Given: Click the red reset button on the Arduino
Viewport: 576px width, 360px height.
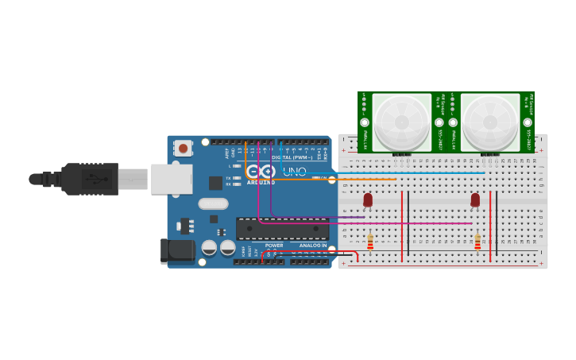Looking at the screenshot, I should click(x=184, y=148).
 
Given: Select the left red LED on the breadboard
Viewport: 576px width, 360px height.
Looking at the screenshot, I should click(x=368, y=199).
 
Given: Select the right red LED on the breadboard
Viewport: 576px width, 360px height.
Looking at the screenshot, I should click(x=475, y=199).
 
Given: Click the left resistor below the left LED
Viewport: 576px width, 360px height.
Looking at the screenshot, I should click(x=370, y=241).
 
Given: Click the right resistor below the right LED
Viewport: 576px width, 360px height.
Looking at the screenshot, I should click(x=477, y=241).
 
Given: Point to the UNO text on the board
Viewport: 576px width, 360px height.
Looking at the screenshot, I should click(x=295, y=171).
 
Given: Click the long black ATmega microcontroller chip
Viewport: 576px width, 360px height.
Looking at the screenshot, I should click(x=282, y=229).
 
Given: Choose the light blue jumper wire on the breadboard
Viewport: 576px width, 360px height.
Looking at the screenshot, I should click(x=397, y=172).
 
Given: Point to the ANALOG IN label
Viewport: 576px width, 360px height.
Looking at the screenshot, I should click(x=312, y=246).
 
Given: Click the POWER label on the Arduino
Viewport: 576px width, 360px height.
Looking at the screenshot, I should click(x=274, y=246).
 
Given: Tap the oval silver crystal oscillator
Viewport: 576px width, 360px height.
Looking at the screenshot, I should click(x=214, y=203).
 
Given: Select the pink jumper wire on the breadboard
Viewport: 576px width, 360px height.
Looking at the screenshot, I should click(x=397, y=223).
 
